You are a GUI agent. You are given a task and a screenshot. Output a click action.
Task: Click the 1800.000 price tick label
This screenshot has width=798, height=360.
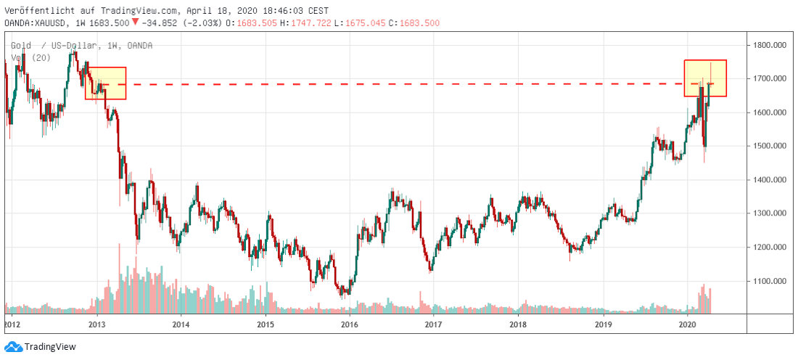[770, 45]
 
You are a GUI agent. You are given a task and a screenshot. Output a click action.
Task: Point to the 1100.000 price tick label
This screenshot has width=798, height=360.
[770, 281]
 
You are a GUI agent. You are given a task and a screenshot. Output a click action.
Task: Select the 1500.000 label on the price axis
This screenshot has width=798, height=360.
[770, 146]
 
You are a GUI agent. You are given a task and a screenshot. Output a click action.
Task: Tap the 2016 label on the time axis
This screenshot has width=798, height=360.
[349, 324]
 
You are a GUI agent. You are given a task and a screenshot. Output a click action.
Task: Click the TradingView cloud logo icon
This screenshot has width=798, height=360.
[13, 347]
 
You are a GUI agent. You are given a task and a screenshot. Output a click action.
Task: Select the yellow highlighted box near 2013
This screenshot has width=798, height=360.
[106, 83]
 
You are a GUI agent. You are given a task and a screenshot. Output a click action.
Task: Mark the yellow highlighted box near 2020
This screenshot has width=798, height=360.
[705, 78]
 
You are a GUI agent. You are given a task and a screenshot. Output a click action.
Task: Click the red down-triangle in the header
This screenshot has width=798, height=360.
[135, 22]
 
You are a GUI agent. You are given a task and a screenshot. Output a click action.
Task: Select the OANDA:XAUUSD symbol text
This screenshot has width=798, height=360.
[36, 22]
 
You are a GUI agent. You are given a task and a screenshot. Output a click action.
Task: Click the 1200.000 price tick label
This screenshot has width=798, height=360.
[770, 247]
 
